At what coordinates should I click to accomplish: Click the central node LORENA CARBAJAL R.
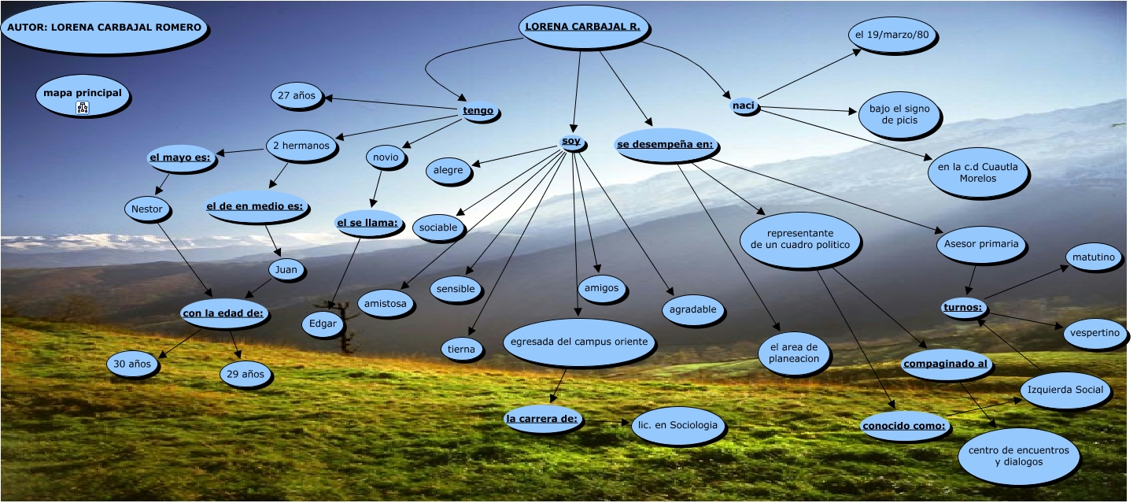click(x=582, y=27)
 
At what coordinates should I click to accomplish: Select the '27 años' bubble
click(x=297, y=96)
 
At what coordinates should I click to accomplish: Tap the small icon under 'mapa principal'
click(x=83, y=108)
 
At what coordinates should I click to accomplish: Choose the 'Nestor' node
click(x=147, y=209)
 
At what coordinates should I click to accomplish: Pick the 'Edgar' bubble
click(x=323, y=324)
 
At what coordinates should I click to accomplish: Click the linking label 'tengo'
click(x=478, y=111)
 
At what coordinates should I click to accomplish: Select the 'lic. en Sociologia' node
click(x=676, y=425)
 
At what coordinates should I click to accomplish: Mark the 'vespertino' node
click(x=1094, y=333)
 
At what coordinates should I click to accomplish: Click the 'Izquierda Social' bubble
click(x=1065, y=390)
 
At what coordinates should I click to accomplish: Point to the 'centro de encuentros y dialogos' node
click(x=1018, y=456)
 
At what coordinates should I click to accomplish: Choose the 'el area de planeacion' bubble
click(x=794, y=353)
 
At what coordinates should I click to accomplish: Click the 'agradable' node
click(x=692, y=310)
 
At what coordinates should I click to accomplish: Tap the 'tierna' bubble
click(x=461, y=349)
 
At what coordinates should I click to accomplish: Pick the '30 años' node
click(x=132, y=364)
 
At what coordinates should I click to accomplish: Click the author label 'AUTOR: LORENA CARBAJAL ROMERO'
click(x=105, y=28)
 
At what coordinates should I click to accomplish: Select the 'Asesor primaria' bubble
click(x=982, y=244)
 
